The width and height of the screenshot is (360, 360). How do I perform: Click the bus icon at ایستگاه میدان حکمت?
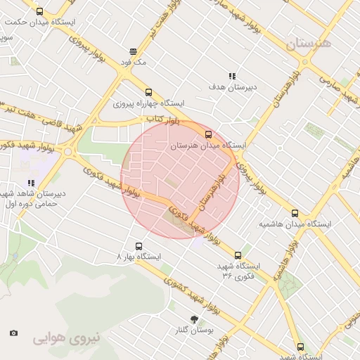click(39, 11)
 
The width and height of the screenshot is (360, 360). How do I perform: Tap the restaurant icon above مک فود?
click(133, 51)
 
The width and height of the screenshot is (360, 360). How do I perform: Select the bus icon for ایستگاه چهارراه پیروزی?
click(148, 92)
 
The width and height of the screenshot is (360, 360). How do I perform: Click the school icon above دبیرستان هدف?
click(231, 76)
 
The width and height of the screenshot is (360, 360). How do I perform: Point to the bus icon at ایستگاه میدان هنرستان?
click(207, 134)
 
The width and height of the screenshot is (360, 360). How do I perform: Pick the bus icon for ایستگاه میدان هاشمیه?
click(295, 213)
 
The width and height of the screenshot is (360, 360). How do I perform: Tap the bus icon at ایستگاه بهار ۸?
click(138, 247)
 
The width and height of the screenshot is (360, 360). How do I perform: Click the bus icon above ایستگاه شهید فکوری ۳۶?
click(238, 255)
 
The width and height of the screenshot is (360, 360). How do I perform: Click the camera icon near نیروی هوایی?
click(13, 333)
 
